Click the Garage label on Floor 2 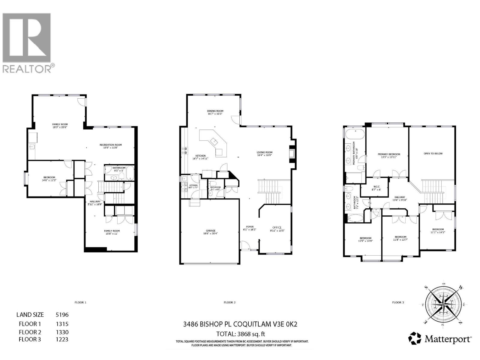[x=210, y=232]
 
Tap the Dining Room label [x=215, y=112]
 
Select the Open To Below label [x=433, y=154]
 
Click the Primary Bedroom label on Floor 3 [x=388, y=155]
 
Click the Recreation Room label [x=111, y=146]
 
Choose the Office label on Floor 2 [x=277, y=229]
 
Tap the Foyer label [x=250, y=228]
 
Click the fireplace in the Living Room [x=292, y=154]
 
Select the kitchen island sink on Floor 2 [x=214, y=140]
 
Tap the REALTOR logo [x=27, y=42]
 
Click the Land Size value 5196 [x=62, y=315]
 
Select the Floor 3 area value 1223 [x=62, y=339]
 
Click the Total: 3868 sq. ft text [x=241, y=334]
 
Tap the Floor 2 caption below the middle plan [x=229, y=302]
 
